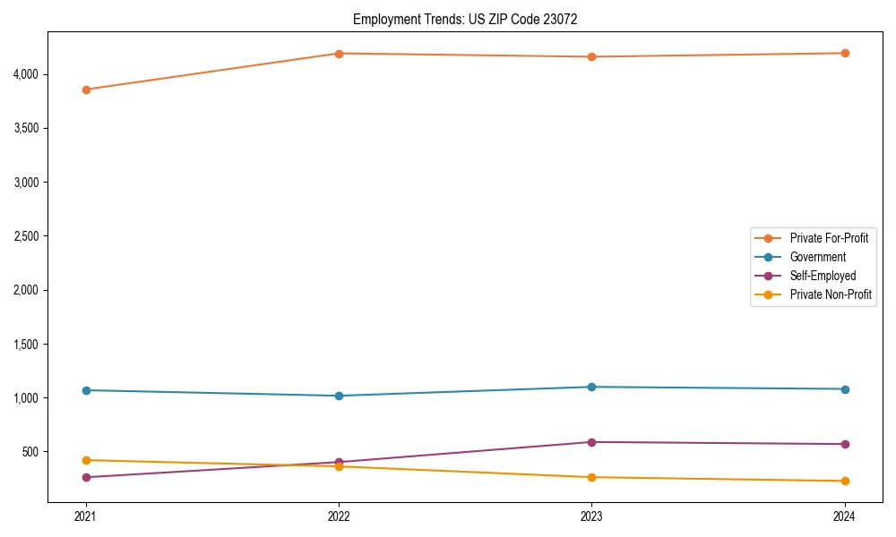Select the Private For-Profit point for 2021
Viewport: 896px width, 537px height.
click(86, 89)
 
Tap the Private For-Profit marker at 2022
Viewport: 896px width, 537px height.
click(339, 54)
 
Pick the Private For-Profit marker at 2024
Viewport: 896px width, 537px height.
click(845, 53)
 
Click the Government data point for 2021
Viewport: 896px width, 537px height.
click(86, 390)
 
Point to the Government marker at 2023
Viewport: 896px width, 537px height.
click(591, 387)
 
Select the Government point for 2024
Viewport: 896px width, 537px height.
click(845, 389)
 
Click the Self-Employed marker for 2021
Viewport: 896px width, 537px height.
click(86, 477)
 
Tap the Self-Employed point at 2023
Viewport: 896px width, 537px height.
click(591, 442)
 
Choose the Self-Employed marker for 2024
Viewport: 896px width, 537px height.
click(845, 444)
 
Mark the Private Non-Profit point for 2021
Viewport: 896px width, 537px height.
click(86, 460)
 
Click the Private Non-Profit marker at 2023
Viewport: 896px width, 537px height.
click(591, 477)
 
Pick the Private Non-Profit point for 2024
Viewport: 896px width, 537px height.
click(845, 481)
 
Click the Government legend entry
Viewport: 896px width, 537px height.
click(817, 257)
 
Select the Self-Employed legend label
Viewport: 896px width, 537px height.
click(823, 276)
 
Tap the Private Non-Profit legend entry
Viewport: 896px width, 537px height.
click(831, 294)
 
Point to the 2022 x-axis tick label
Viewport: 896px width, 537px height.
click(339, 516)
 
